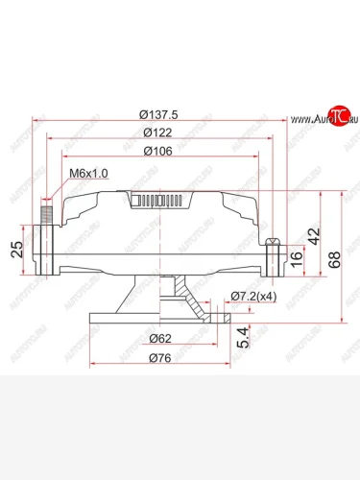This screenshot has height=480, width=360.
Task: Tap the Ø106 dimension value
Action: tap(157, 151)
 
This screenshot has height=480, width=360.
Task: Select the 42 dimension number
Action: tap(312, 234)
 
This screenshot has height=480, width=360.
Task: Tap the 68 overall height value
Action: tap(333, 259)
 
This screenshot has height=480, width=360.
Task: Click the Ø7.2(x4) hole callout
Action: tap(253, 297)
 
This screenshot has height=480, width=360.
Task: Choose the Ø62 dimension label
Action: tap(160, 338)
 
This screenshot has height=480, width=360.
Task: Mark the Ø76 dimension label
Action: tap(160, 358)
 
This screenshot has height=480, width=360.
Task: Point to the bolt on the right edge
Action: tap(275, 252)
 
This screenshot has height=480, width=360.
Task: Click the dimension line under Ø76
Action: tap(160, 366)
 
